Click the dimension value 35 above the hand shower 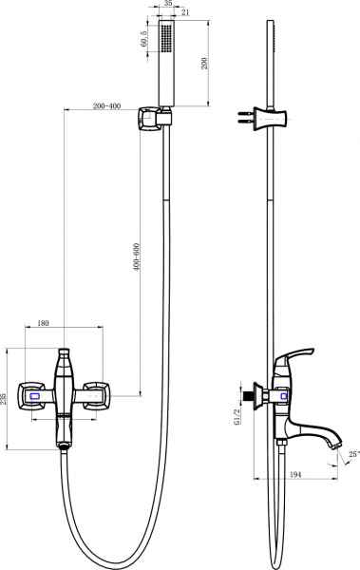pyautogui.click(x=167, y=5)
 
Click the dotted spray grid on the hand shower pyautogui.click(x=167, y=43)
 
